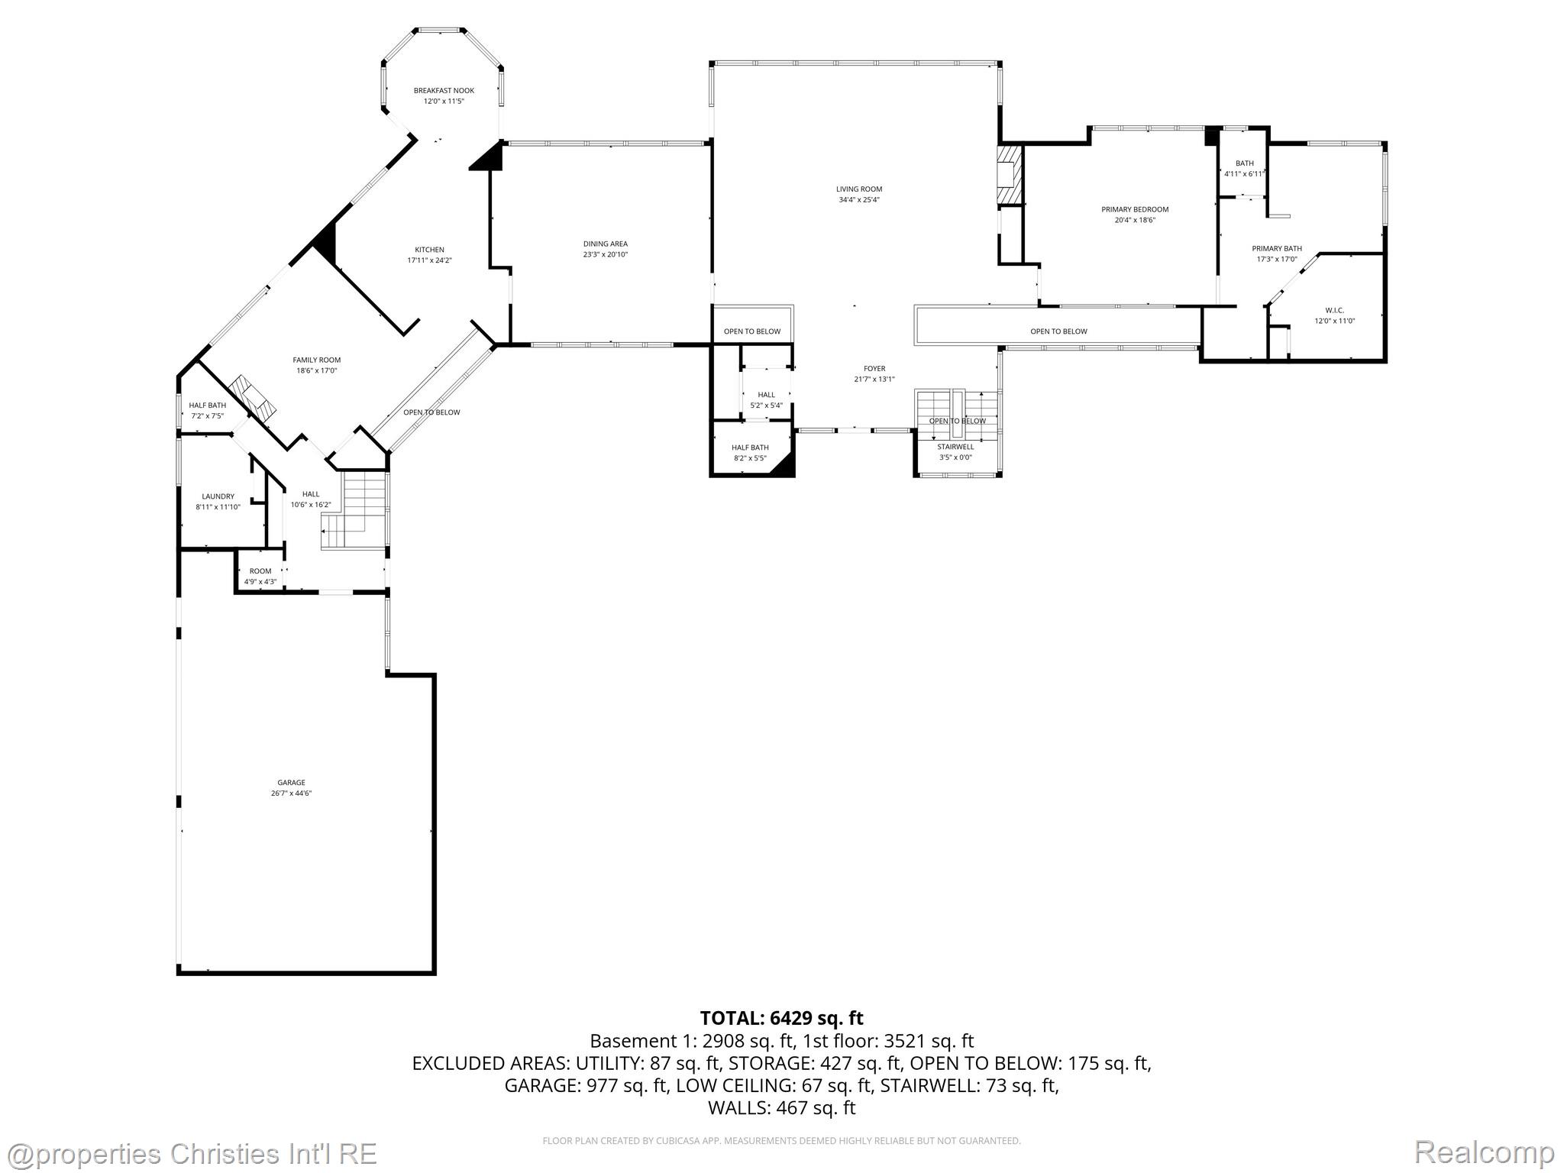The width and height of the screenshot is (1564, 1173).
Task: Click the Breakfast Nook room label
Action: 444,90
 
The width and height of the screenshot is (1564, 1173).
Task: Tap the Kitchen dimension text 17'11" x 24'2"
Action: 429,260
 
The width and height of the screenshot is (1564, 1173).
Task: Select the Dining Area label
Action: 605,244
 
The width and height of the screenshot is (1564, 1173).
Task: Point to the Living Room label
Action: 859,189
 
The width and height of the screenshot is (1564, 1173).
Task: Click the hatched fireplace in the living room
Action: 1009,176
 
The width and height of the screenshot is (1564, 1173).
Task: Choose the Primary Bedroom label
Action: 1135,209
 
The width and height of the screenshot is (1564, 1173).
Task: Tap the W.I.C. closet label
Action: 1334,310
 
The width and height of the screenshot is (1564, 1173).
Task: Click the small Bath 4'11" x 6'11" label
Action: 1245,163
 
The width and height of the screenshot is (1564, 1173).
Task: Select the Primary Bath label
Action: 1277,248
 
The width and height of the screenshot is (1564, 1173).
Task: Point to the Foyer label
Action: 874,368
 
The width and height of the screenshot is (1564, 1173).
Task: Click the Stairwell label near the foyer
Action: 955,447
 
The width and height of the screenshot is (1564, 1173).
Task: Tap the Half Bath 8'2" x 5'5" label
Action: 750,448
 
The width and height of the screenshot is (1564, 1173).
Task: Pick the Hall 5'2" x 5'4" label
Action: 766,395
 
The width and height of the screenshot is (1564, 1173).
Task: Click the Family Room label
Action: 317,360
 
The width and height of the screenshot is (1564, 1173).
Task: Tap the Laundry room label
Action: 218,496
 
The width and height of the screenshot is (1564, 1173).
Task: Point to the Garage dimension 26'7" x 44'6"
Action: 291,793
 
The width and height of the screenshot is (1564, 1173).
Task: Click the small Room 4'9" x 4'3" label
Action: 260,571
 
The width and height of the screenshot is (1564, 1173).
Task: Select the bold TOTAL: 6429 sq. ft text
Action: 781,1018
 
